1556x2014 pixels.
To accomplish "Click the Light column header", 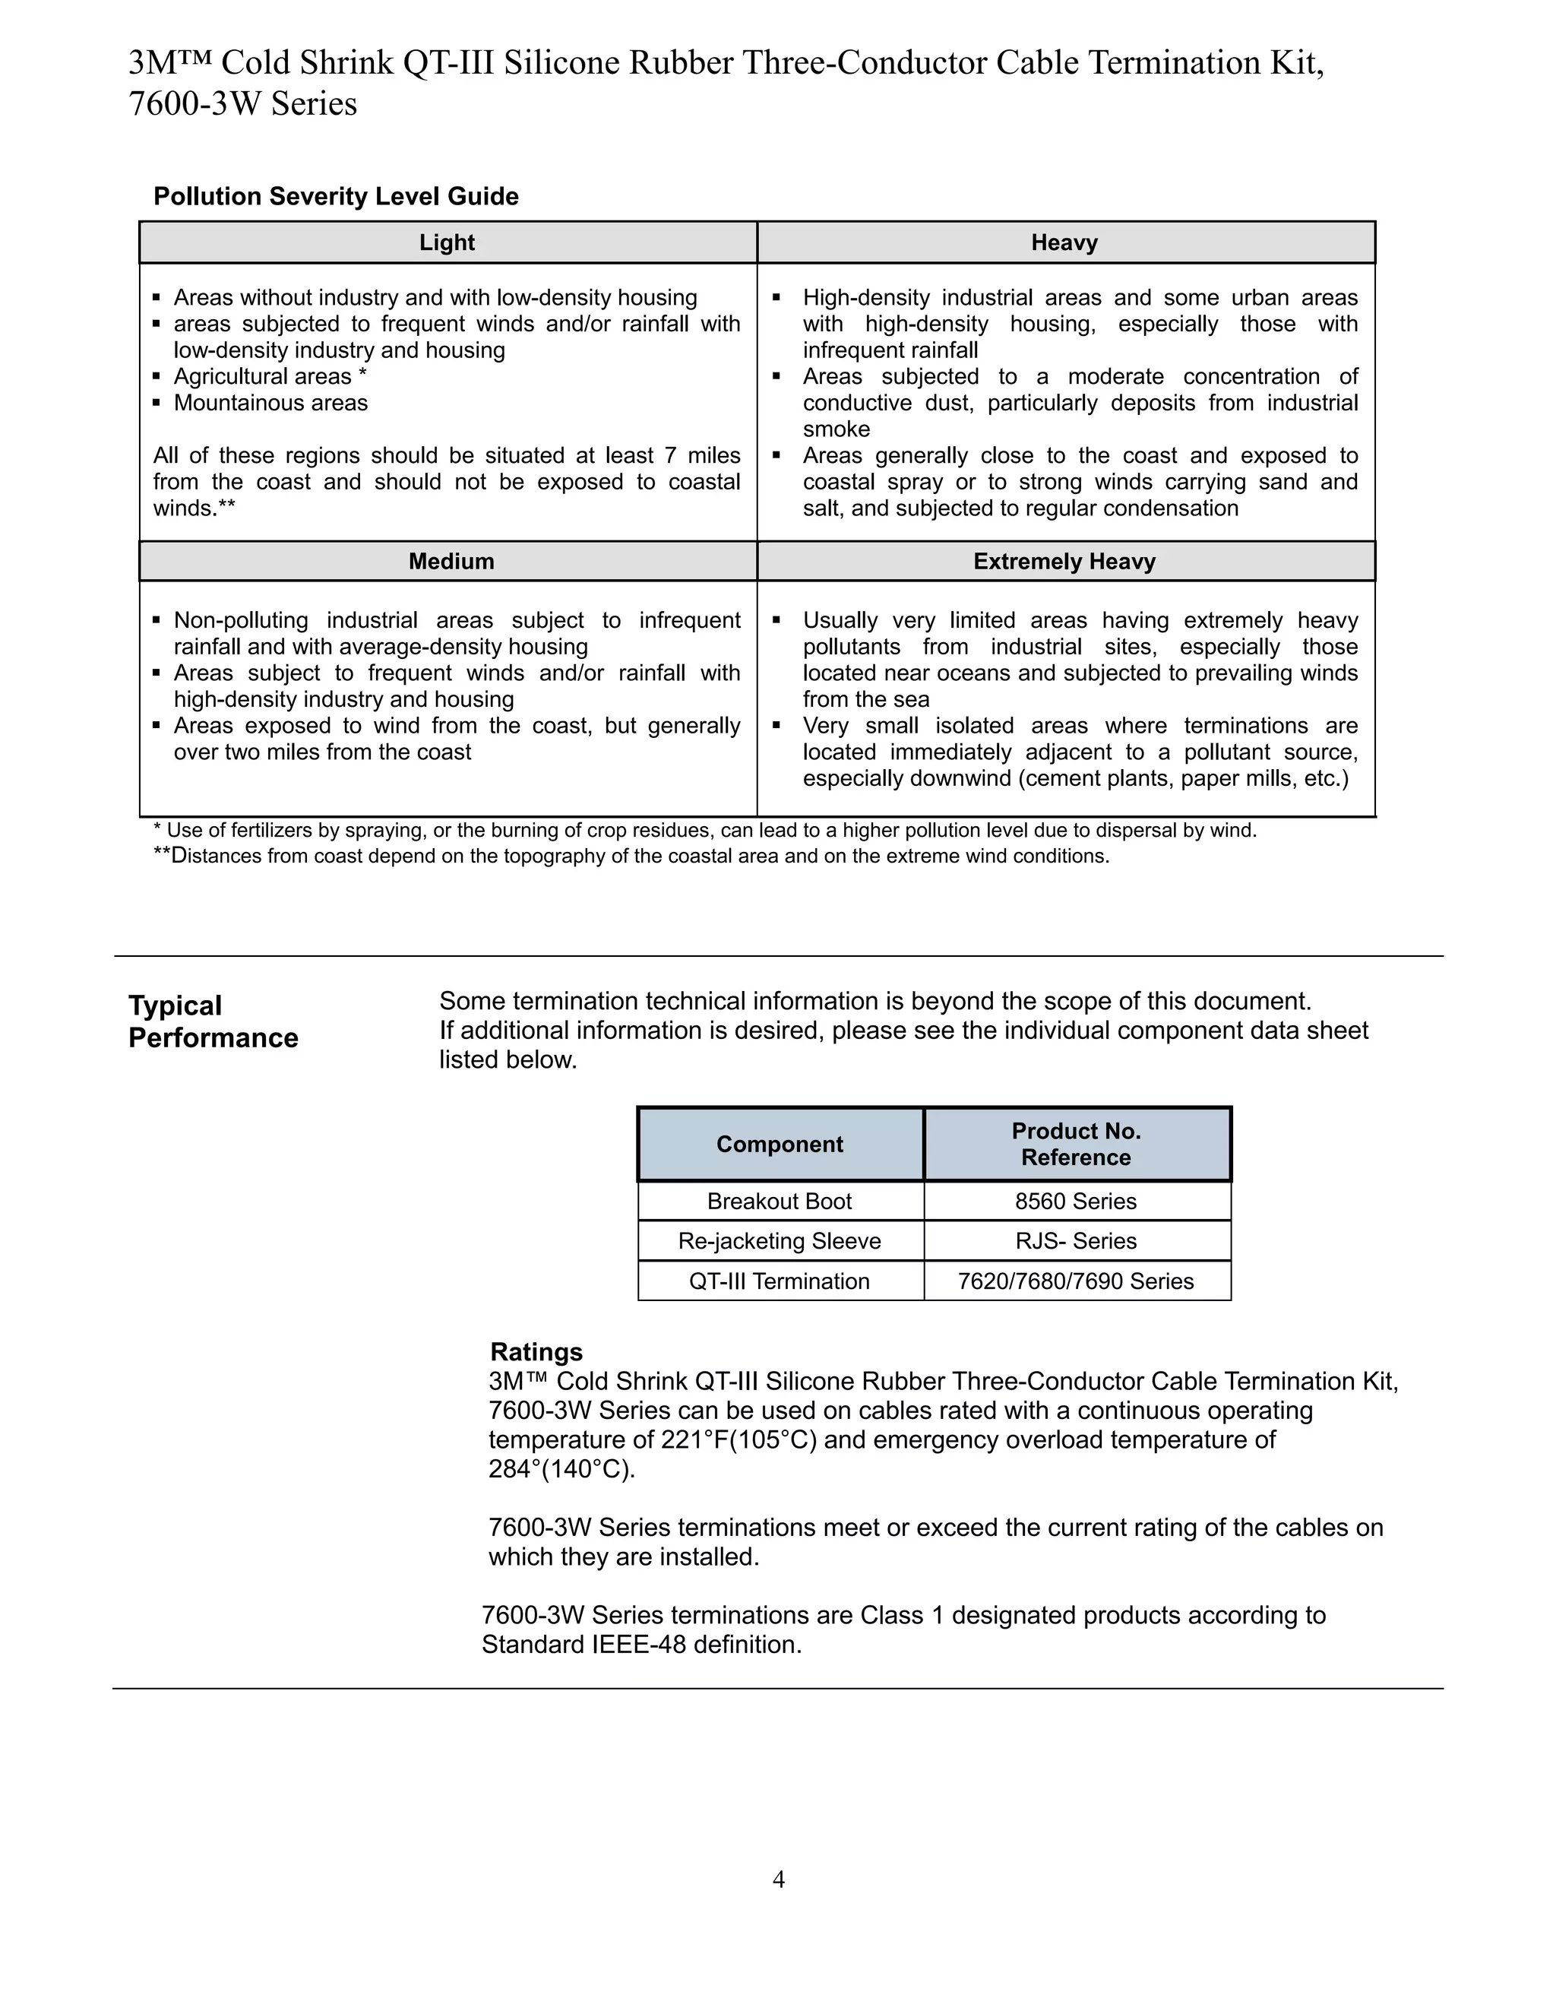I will pyautogui.click(x=447, y=242).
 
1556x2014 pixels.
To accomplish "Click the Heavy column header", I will pyautogui.click(x=1064, y=242).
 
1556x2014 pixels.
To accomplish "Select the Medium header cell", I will pyautogui.click(x=451, y=562).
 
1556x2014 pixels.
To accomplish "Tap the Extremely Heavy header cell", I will pyautogui.click(x=1064, y=562).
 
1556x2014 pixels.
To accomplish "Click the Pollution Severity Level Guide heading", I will pyautogui.click(x=336, y=196).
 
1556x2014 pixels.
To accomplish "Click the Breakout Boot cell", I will pyautogui.click(x=779, y=1202).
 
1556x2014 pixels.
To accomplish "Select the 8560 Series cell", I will pyautogui.click(x=1076, y=1202).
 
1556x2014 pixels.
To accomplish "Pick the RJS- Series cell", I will pyautogui.click(x=1076, y=1241).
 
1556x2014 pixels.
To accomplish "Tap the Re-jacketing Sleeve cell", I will pyautogui.click(x=779, y=1241).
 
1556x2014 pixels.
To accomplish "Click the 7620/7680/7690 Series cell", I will pyautogui.click(x=1076, y=1281).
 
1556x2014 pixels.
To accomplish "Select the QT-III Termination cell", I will pyautogui.click(x=779, y=1281).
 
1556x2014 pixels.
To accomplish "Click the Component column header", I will pyautogui.click(x=779, y=1145).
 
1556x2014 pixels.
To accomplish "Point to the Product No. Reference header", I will pyautogui.click(x=1076, y=1145).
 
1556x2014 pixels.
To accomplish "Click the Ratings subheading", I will pyautogui.click(x=536, y=1352).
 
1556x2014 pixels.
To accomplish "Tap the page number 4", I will pyautogui.click(x=778, y=1879).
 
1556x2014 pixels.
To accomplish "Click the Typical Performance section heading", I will pyautogui.click(x=213, y=1021).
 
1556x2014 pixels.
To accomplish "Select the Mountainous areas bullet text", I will pyautogui.click(x=270, y=403).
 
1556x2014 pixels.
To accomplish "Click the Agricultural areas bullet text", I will pyautogui.click(x=263, y=376).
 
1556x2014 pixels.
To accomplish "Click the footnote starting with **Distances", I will pyautogui.click(x=631, y=856).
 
